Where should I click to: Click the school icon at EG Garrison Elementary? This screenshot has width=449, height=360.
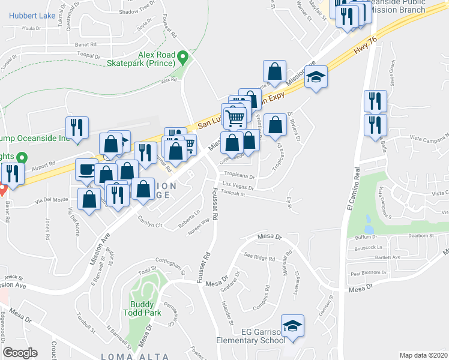click(x=292, y=326)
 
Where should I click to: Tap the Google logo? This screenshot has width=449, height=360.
click(x=20, y=353)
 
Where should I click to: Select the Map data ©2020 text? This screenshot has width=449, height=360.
click(x=423, y=355)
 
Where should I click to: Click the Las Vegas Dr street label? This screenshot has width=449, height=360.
click(x=235, y=185)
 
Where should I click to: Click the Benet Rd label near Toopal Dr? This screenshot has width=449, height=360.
click(x=86, y=44)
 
